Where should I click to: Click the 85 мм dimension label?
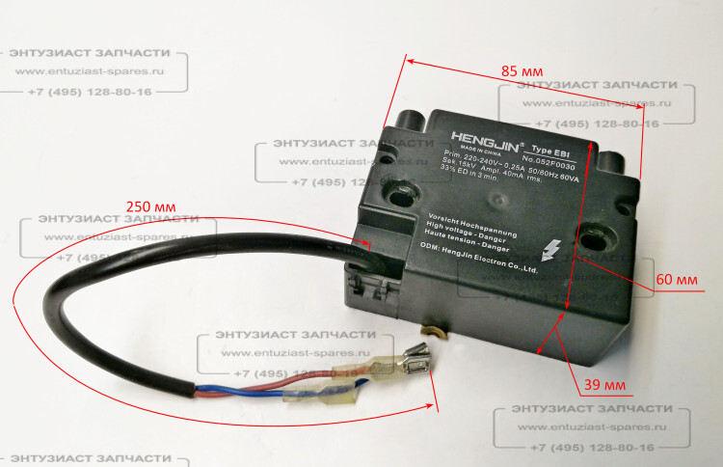(522, 71)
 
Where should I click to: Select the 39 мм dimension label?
(605, 385)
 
